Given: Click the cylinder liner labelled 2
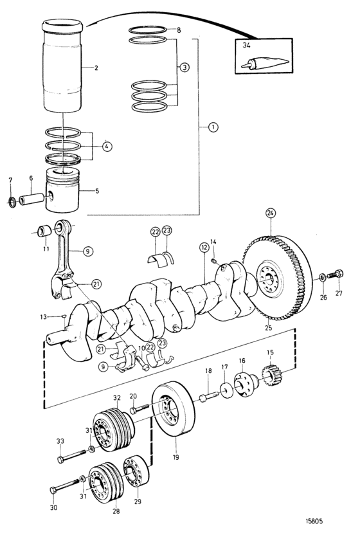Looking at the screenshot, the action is pos(62,66).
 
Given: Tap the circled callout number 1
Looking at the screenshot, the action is pos(213,127).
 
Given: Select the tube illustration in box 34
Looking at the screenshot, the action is pos(265,62).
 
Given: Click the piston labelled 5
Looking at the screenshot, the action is pos(62,190).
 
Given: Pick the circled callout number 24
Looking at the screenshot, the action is pos(271,213).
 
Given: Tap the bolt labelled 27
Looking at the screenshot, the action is pos(336,274).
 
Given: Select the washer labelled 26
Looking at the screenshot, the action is pos(322,277).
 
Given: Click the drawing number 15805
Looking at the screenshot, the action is pos(314,521).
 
